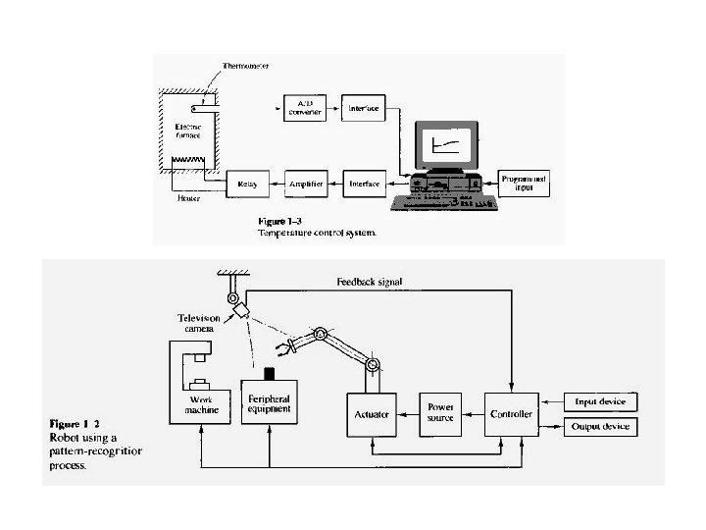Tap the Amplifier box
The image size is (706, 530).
(304, 184)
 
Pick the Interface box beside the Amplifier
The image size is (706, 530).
(364, 184)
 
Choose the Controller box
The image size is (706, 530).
(511, 414)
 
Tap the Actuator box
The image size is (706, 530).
(372, 414)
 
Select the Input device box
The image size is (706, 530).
(600, 401)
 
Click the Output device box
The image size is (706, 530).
(600, 426)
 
